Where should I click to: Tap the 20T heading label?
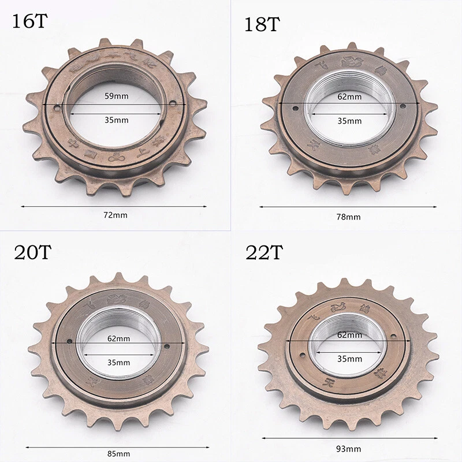31,253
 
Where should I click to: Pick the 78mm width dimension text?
349,217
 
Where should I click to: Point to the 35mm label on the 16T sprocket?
114,120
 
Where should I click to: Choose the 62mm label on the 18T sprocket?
350,96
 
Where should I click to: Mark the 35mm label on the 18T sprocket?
350,121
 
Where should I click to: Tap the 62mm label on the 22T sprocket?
350,334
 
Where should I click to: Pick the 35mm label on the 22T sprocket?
350,359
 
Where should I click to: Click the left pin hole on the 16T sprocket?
57,107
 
